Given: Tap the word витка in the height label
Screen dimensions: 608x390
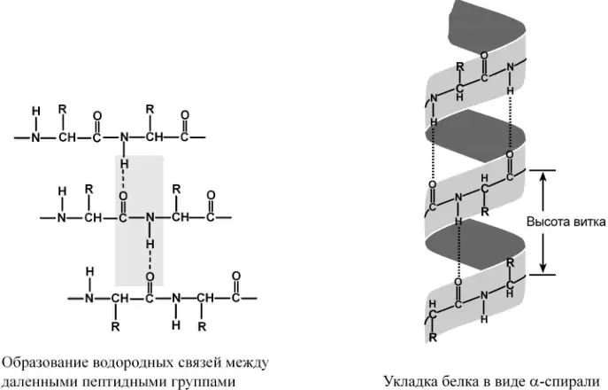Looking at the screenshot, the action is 590,222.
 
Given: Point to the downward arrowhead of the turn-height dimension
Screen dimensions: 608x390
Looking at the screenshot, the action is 543,269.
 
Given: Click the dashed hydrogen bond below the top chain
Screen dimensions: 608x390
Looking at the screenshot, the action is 124,180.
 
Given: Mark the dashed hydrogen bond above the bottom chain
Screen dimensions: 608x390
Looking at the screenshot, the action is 150,261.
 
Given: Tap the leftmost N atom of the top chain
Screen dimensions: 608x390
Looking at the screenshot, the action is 35,137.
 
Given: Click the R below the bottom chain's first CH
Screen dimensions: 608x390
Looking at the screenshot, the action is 115,327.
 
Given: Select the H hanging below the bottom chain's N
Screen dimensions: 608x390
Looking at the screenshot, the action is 176,324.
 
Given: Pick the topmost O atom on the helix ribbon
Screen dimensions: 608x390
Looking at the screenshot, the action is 484,56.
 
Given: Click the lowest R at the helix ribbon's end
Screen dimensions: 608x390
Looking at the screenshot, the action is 433,337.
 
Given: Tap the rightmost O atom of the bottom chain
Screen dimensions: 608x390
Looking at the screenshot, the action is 235,276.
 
